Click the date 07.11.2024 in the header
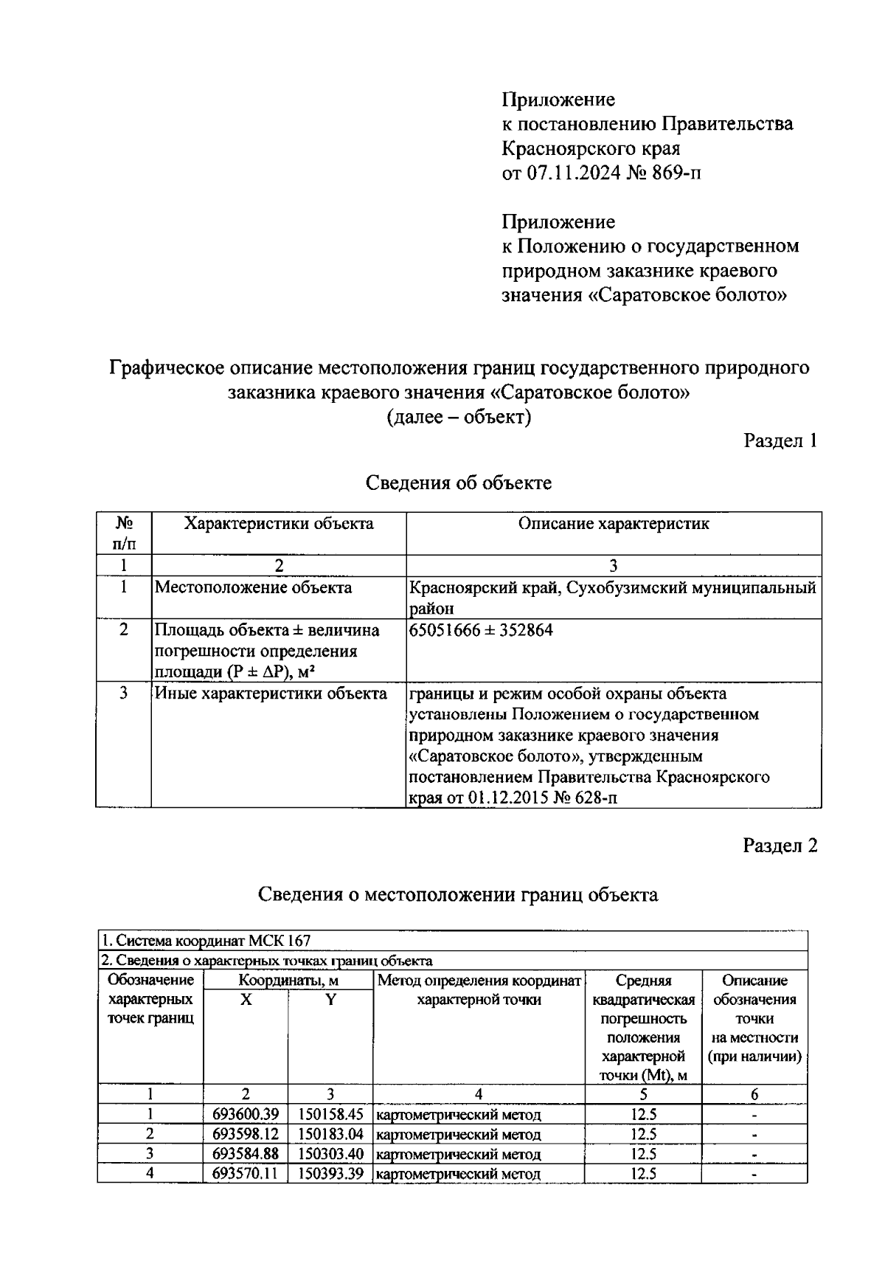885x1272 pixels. (568, 173)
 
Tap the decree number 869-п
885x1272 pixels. (671, 173)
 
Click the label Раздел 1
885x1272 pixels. (780, 441)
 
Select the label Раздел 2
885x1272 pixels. (780, 846)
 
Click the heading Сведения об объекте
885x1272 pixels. (459, 483)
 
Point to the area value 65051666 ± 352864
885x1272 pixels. (481, 630)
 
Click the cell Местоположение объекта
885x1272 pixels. (253, 588)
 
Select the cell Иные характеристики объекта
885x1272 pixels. (270, 694)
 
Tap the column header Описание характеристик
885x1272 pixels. (614, 524)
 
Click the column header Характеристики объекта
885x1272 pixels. (279, 524)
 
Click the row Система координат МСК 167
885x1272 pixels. (206, 941)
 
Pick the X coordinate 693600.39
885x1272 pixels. (246, 1114)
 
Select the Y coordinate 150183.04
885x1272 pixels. (331, 1134)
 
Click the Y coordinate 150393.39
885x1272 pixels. (331, 1173)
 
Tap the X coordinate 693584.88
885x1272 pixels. (246, 1154)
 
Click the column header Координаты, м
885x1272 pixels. (288, 981)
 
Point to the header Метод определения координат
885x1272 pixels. (479, 981)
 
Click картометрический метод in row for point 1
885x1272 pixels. (458, 1115)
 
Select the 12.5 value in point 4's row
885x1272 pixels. (643, 1173)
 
